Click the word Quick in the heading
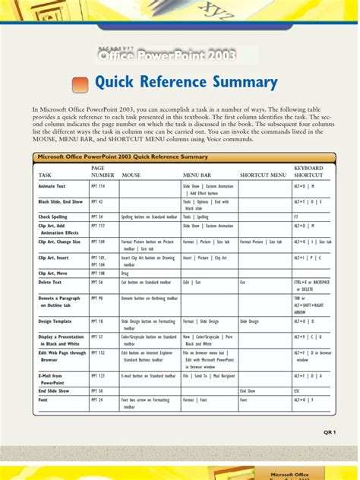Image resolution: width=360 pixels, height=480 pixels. tap(115, 83)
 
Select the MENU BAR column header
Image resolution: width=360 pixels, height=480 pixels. tap(196, 175)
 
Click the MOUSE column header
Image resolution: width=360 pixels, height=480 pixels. tap(131, 175)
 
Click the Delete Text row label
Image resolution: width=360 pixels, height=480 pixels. tap(51, 281)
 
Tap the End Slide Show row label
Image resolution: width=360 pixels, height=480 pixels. tap(53, 390)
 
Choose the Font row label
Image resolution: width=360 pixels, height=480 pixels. tap(43, 399)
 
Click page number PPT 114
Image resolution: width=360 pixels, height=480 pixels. tap(98, 185)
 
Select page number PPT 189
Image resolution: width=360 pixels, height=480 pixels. tap(98, 241)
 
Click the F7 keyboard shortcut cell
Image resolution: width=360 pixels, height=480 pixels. tap(296, 216)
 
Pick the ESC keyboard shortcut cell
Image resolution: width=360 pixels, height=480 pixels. tap(298, 390)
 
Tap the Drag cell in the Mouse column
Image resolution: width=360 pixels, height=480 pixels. tap(126, 272)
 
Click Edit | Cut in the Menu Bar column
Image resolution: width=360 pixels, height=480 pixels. tap(191, 281)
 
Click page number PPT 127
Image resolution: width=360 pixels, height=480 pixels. tap(98, 375)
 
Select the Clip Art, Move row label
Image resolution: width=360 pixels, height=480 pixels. tap(53, 272)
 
